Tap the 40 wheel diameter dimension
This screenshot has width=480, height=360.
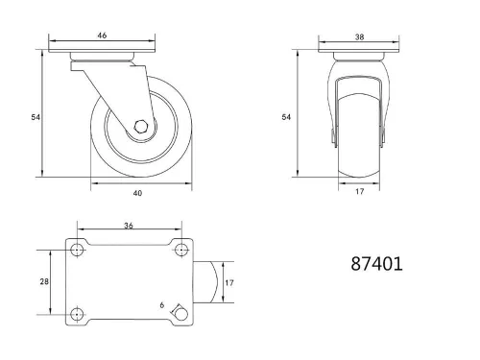pos(137,193)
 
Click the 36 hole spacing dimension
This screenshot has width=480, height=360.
pos(129,227)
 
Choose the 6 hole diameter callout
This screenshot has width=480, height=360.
pos(161,305)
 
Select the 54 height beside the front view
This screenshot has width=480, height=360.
pos(285,117)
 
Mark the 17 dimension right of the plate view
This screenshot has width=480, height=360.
pos(229,282)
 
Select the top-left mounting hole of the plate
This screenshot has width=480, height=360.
pos(77,251)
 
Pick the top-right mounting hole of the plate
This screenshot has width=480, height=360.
pos(180,251)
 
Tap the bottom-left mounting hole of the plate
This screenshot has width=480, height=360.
pos(77,312)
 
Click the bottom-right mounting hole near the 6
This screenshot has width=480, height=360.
pos(179,311)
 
